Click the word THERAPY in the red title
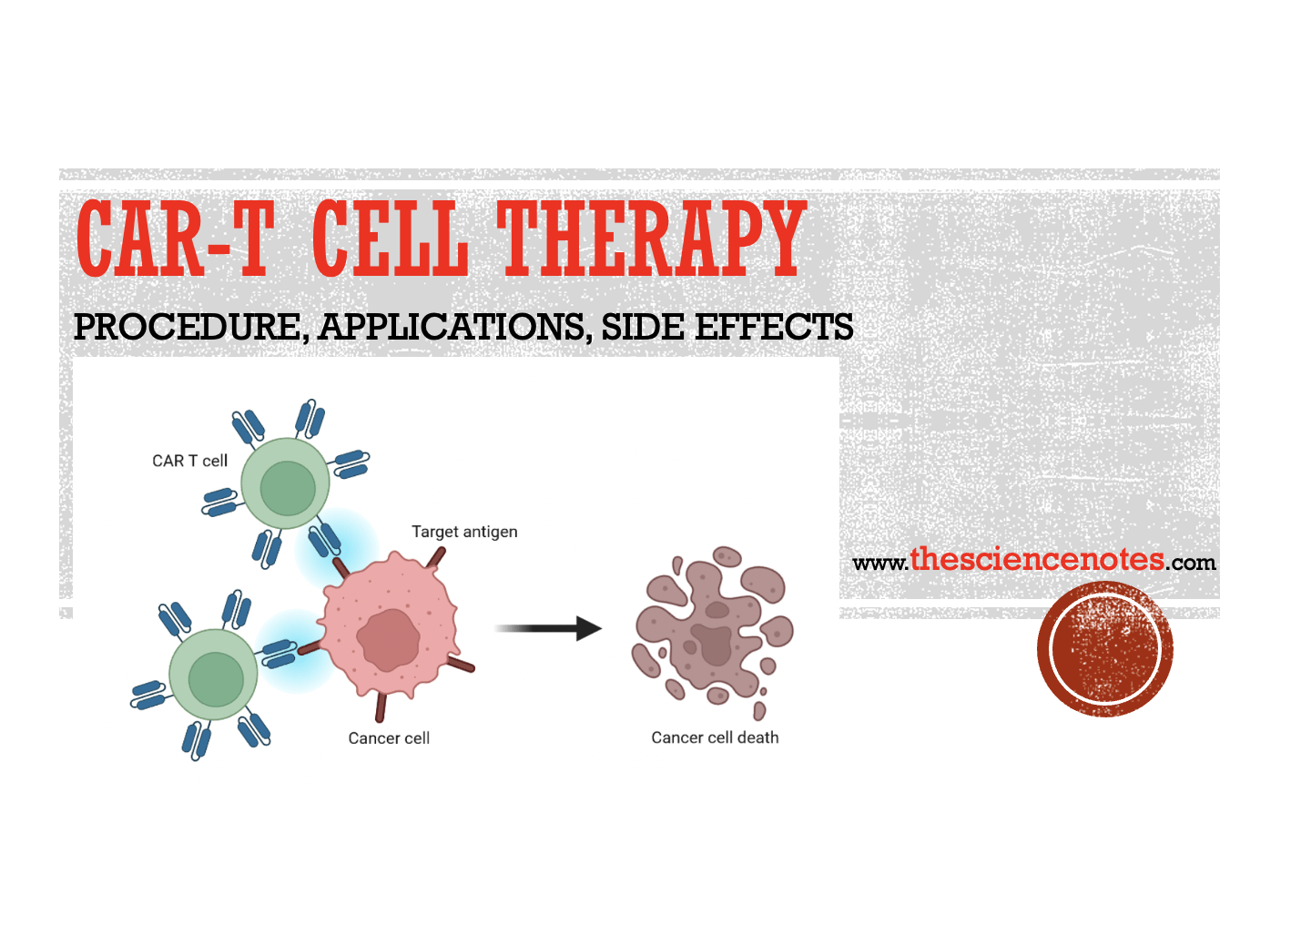click(x=651, y=239)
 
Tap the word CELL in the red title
click(x=391, y=239)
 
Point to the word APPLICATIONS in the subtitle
click(x=453, y=327)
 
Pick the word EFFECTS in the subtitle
click(x=774, y=327)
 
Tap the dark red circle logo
click(x=1104, y=648)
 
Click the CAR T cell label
click(x=189, y=461)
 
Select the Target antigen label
click(x=464, y=532)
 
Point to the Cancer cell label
click(x=389, y=738)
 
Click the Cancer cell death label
click(x=715, y=737)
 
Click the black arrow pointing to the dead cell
click(x=547, y=628)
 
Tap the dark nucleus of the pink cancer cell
click(x=388, y=640)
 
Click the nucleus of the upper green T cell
click(x=288, y=488)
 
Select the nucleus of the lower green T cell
click(x=216, y=679)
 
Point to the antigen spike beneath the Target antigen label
click(x=436, y=558)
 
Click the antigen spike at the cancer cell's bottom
click(x=381, y=706)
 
